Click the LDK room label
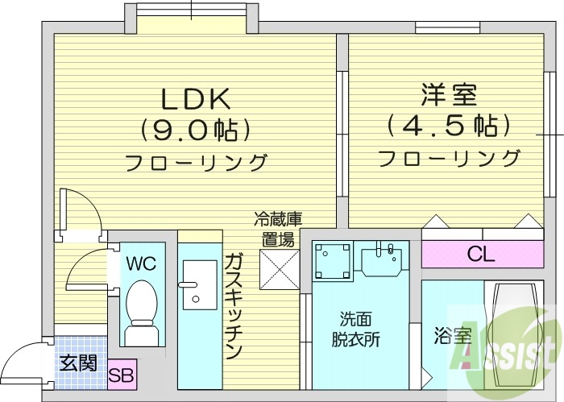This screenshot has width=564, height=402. coord(197,99)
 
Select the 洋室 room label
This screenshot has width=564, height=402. coord(449,95)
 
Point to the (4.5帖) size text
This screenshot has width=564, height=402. coord(449,126)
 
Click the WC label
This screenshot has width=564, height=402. coord(140,263)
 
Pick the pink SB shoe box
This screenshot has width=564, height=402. coord(122,375)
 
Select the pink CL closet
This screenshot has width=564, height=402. coord(481,255)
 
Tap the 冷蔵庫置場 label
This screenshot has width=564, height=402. coord(277,228)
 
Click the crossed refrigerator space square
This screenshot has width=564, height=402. coord(277,268)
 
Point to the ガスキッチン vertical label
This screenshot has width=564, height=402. coord(233,305)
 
